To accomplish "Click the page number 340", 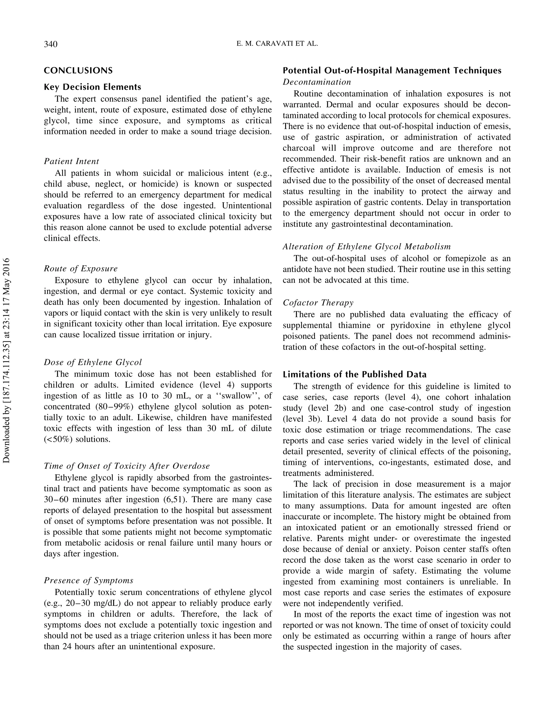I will (x=51, y=44).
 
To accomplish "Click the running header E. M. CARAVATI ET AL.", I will (x=277, y=43).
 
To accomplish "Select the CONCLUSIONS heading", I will (x=78, y=71).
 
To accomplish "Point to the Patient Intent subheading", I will (x=71, y=161).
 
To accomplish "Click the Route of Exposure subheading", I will (x=81, y=269).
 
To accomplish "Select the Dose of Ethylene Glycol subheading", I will (x=93, y=362).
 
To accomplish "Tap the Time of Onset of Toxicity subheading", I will (x=127, y=466).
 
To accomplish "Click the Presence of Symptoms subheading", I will (x=89, y=580).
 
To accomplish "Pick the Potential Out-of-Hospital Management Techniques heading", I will (x=392, y=71).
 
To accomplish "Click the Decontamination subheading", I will (x=317, y=82).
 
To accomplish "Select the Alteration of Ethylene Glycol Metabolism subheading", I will (x=367, y=247).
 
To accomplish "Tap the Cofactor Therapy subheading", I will (x=318, y=303).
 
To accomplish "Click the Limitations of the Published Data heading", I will (x=354, y=374).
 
